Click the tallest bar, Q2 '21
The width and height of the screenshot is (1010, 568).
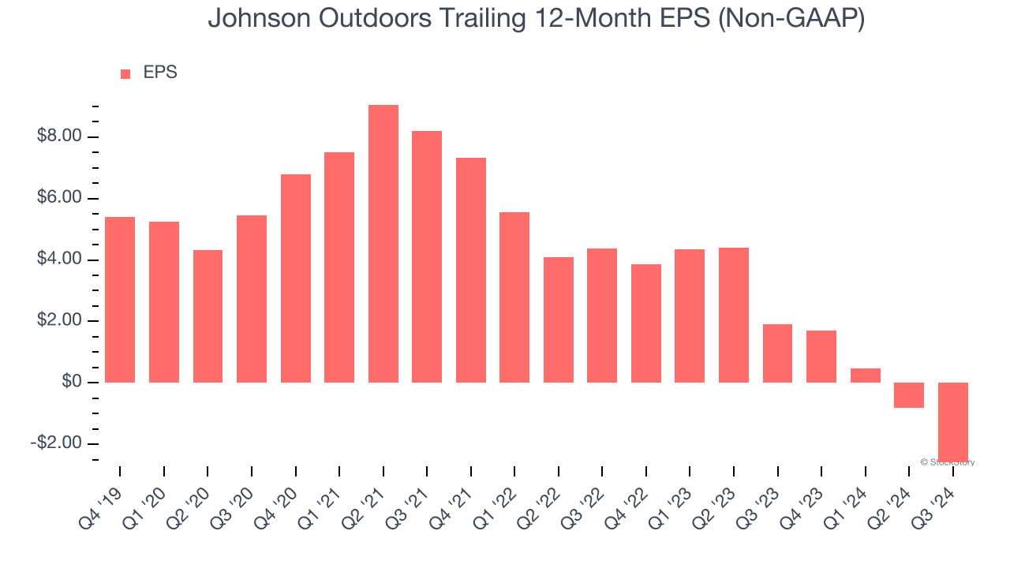(x=383, y=244)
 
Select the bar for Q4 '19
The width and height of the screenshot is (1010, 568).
(x=120, y=300)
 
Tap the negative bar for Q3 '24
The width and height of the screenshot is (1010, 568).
(x=952, y=421)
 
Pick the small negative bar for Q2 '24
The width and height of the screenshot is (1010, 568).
(x=909, y=395)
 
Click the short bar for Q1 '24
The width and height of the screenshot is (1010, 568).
(x=865, y=376)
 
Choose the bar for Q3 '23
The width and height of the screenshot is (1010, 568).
(x=777, y=353)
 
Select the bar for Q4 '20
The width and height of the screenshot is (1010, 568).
(x=296, y=278)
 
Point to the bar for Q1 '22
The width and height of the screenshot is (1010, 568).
(x=514, y=297)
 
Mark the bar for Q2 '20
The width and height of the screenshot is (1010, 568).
(x=208, y=316)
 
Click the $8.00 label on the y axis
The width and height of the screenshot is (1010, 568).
(x=59, y=136)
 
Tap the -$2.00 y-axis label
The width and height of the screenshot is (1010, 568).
(x=56, y=443)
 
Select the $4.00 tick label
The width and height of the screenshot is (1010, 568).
(x=59, y=260)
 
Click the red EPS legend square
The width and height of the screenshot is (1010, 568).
(x=125, y=74)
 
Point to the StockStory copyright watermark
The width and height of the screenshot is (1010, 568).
(x=948, y=462)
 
